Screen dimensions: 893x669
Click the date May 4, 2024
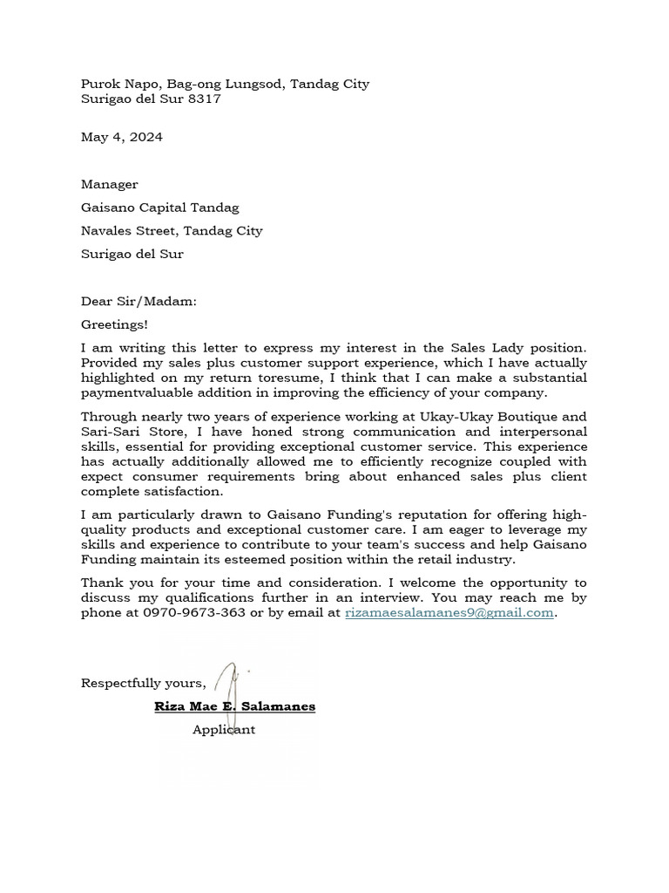coord(121,137)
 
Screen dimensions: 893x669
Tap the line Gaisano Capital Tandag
coord(159,208)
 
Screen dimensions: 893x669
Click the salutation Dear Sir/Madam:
coord(139,302)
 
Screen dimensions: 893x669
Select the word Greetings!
coord(114,324)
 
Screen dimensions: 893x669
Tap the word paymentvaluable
coord(132,392)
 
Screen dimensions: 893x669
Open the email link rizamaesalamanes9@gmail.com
coord(449,612)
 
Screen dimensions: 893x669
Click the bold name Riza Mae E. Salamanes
coord(234,706)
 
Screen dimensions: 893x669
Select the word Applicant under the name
coord(223,730)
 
